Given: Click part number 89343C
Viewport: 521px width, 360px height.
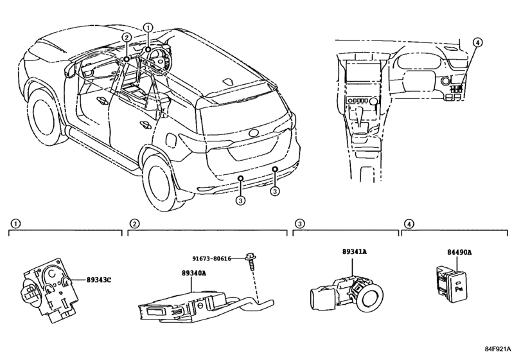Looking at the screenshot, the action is tap(99, 280).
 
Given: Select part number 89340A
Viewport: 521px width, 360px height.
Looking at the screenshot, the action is tap(194, 273).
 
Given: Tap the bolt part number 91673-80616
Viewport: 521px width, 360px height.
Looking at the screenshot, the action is tap(211, 258).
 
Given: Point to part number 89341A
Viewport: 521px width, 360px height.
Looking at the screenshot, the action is tap(355, 251).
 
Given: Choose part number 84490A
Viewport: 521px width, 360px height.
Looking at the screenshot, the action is tap(459, 252).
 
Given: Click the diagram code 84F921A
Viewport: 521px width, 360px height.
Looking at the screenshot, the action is tap(497, 348).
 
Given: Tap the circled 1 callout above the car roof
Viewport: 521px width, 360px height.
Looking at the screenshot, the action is tap(148, 27).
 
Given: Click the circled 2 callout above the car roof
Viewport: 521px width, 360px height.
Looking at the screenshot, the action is tap(127, 37).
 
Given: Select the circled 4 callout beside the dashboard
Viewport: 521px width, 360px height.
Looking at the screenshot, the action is tap(477, 42).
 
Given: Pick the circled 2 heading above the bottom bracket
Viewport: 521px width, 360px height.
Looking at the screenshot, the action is tap(134, 224).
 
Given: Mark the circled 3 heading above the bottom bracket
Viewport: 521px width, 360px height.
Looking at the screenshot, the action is tap(299, 224).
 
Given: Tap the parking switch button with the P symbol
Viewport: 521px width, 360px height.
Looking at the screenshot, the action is tap(458, 287).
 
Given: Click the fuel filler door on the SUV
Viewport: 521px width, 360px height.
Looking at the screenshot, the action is tap(171, 139).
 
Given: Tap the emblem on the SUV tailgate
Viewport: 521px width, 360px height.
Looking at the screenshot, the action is tap(255, 133).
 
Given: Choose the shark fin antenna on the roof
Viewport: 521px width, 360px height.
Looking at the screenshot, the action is tap(228, 82).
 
